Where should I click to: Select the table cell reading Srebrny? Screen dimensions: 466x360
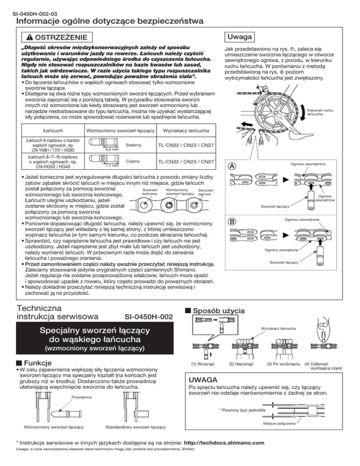point(134,146)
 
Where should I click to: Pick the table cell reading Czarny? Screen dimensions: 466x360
point(134,161)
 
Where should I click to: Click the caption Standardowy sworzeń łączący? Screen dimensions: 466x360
point(134,428)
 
